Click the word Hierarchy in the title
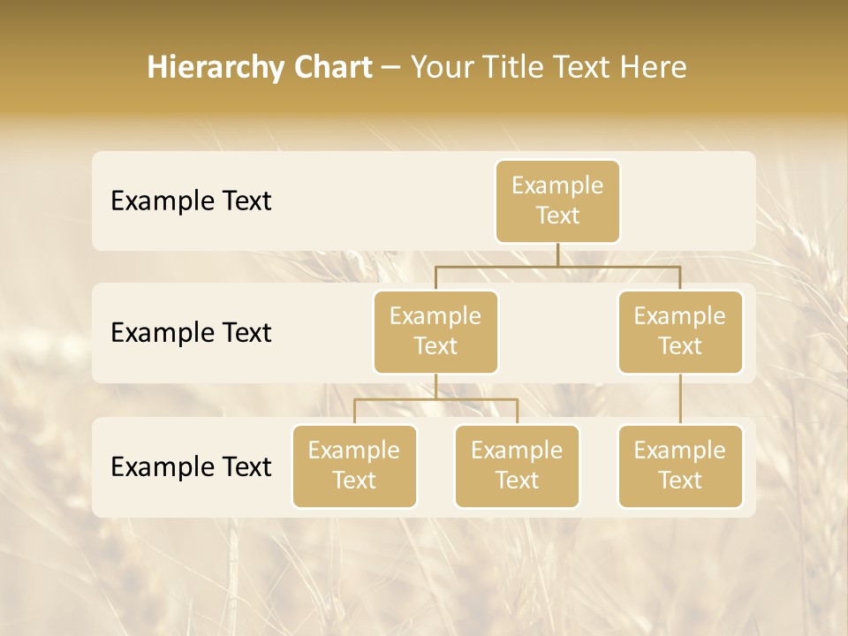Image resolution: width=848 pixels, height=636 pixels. coord(215,68)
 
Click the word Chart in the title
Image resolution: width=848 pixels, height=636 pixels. coord(332,68)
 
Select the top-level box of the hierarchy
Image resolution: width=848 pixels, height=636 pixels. coord(557,201)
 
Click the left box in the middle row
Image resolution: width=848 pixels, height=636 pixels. coord(435,332)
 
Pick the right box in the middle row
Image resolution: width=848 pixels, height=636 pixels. coord(680,332)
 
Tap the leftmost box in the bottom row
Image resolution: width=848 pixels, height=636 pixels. coord(354,466)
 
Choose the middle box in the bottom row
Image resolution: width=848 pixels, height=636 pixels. coord(517,466)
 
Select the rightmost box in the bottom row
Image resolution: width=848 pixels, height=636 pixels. coord(680,466)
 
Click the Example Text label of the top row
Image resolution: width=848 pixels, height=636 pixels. coord(191,201)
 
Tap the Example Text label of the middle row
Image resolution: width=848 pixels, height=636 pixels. coord(191,333)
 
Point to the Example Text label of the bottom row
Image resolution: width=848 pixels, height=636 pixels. coord(191,466)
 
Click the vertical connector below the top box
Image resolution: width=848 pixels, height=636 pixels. coord(557,254)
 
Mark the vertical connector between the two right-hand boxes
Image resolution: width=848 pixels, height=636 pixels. coord(680,399)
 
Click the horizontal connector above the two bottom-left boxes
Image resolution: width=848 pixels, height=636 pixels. coord(435,399)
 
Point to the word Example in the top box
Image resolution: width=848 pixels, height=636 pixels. coord(557,186)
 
